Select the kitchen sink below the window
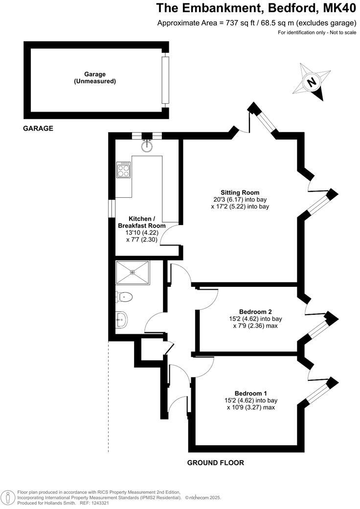[x=146, y=145]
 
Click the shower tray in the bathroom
[x=133, y=272]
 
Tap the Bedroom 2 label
[x=255, y=312]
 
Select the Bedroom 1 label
[x=250, y=393]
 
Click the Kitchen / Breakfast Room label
[x=142, y=222]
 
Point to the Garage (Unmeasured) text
[x=95, y=78]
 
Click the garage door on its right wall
[x=165, y=81]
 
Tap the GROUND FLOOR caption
[x=216, y=463]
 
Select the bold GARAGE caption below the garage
[x=38, y=128]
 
